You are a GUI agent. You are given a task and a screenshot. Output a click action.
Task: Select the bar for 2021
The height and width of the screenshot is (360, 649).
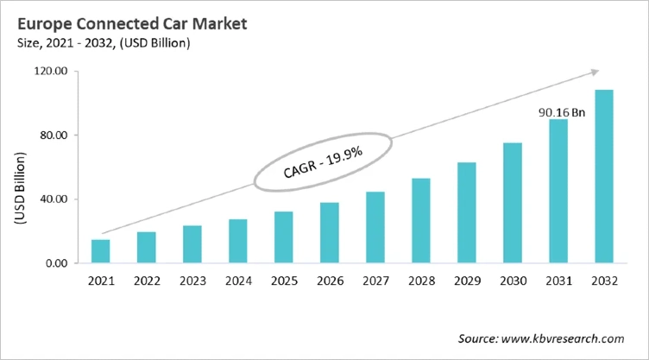point(101,251)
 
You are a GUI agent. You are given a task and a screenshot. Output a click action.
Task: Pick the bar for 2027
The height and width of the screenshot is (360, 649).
point(375,228)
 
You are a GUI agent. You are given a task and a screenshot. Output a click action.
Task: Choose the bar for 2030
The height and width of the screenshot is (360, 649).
point(513,203)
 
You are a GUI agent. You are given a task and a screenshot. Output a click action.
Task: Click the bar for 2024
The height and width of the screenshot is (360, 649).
point(238,241)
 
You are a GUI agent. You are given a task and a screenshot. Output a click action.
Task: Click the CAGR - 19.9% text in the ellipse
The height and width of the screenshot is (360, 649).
point(322,161)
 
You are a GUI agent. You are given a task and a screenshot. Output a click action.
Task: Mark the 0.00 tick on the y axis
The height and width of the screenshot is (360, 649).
point(56,263)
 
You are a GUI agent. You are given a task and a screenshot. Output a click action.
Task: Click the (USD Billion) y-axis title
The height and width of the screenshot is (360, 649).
point(18,188)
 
